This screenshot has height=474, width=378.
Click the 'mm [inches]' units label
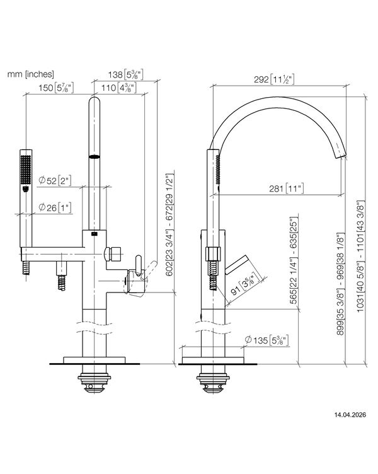(x=30, y=74)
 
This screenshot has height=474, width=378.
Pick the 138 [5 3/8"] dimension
(x=123, y=74)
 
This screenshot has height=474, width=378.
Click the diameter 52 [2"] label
(x=55, y=181)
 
